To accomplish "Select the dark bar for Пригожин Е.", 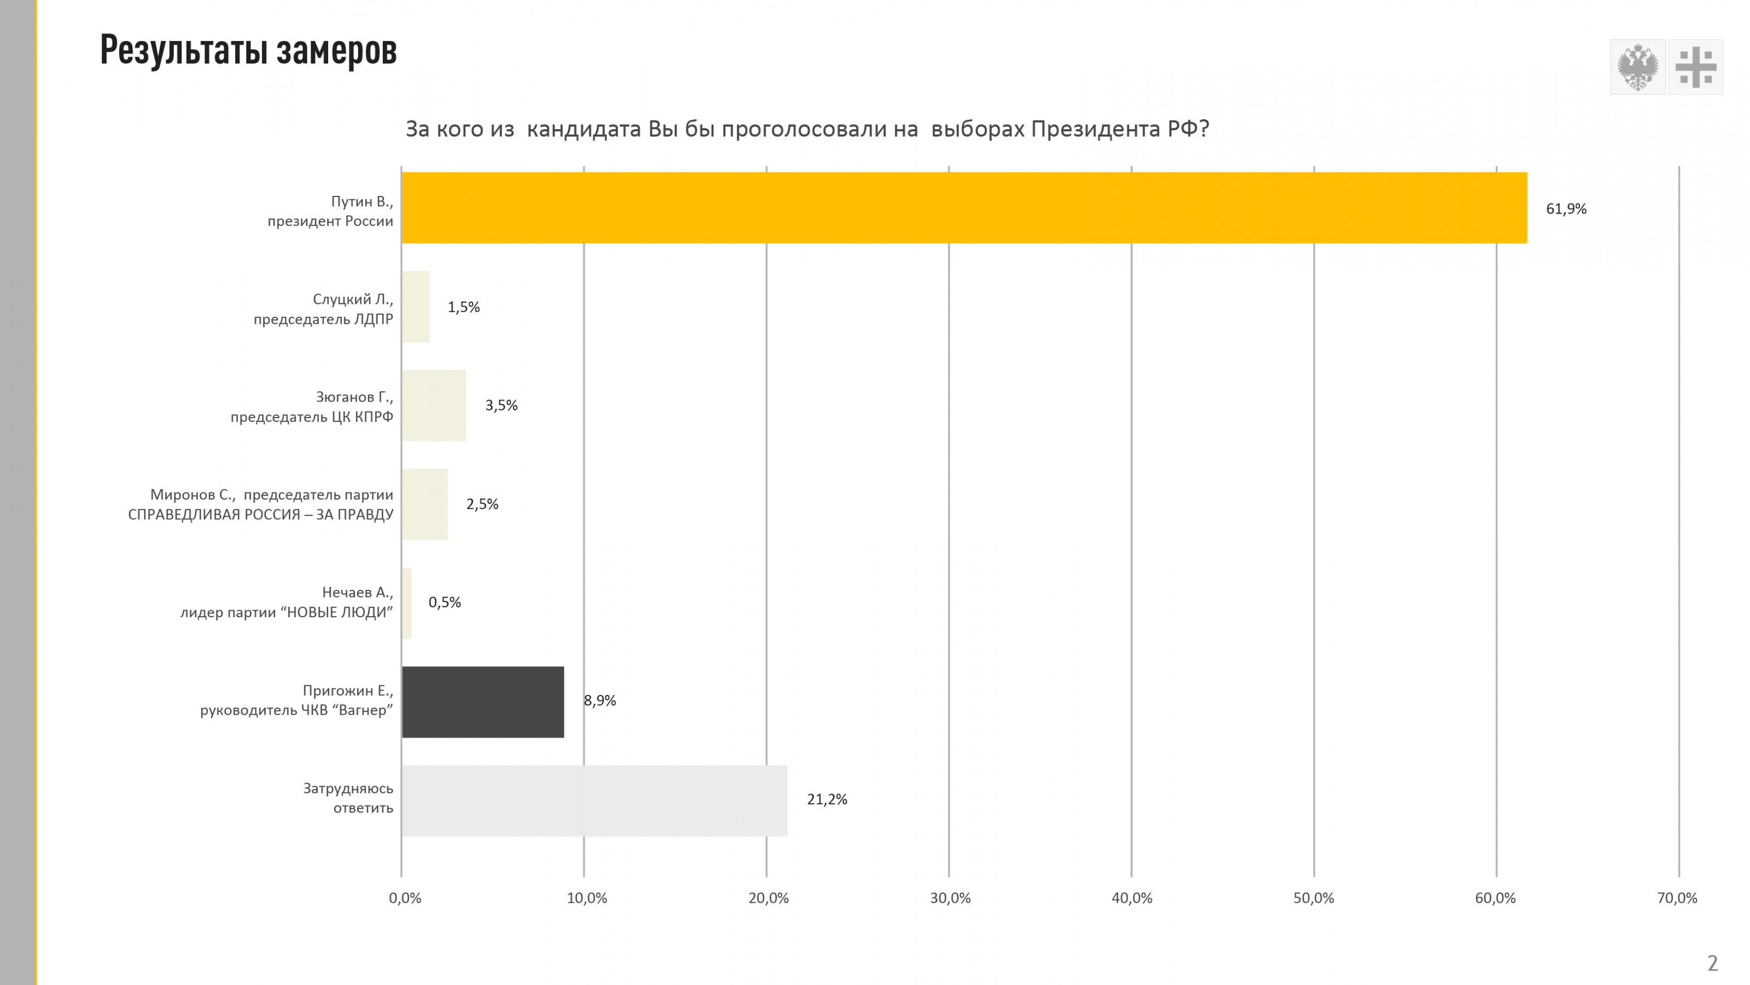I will (483, 702).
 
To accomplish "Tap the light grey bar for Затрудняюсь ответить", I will (594, 800).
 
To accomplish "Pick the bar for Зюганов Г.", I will (434, 406).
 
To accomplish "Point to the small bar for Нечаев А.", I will (407, 603).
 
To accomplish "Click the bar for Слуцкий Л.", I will (416, 306).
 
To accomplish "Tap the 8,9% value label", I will (600, 701).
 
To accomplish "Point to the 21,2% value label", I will (827, 799).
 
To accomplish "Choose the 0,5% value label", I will (444, 602).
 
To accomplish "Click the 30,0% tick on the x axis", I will (950, 898).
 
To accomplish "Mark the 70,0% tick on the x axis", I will (1677, 898).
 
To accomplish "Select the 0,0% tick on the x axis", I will (405, 898).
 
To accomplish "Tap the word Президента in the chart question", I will (1096, 129).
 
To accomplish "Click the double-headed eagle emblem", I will (1637, 67).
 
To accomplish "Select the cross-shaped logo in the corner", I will (1696, 67).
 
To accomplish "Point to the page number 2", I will (1713, 963).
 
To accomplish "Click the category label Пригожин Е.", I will (347, 691).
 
